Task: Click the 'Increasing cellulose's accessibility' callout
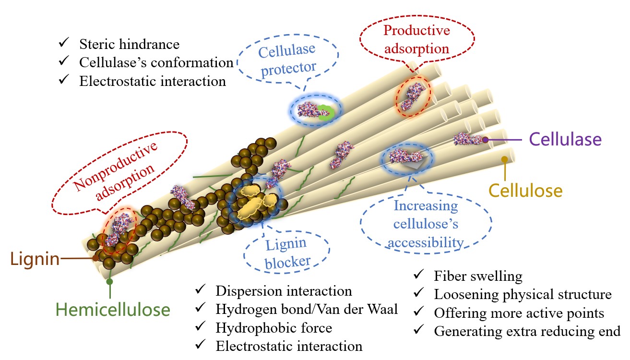[x=426, y=224]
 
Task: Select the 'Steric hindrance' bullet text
[x=129, y=44]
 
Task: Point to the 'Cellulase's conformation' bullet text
[x=156, y=62]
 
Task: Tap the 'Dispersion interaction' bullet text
[x=284, y=291]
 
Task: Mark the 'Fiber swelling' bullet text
[x=478, y=276]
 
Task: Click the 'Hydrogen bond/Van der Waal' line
[x=307, y=309]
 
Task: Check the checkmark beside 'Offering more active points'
[x=418, y=312]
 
